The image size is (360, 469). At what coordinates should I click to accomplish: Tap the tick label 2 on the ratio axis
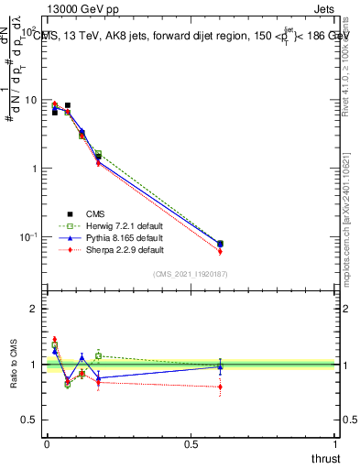pos(34,309)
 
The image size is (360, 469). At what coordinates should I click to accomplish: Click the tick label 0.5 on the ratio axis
pos(30,420)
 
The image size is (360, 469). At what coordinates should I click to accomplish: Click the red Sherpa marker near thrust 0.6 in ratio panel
pos(220,387)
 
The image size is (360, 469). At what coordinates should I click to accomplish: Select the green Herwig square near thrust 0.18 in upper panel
pos(98,154)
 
